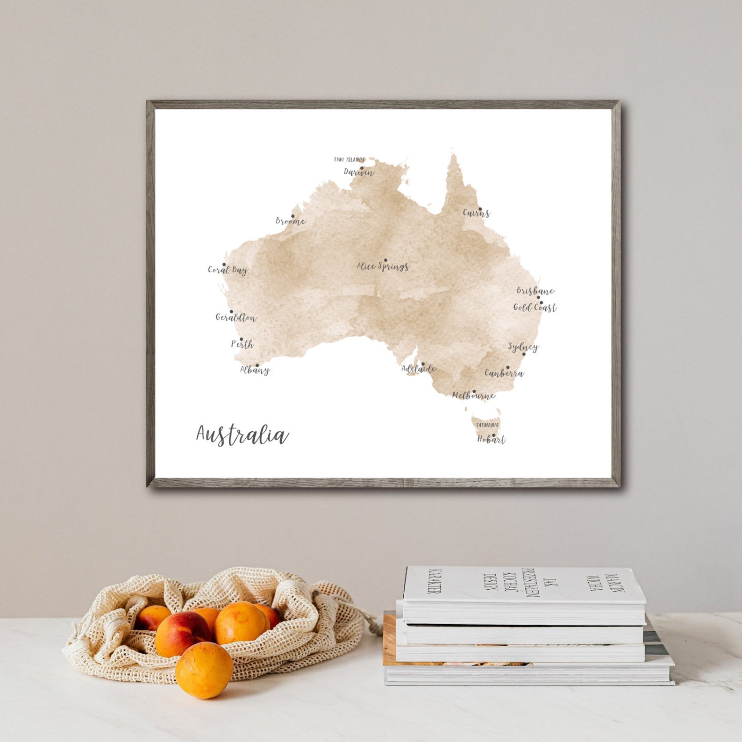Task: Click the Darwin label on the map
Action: coord(359,172)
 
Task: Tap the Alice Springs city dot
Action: coord(385,260)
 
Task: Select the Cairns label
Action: coord(476,213)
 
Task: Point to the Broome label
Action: coord(290,221)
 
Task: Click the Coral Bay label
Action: coord(228,270)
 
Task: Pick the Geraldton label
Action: coord(236,318)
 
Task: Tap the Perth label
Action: coord(243,344)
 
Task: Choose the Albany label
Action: coord(255,370)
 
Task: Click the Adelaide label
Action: coord(419,369)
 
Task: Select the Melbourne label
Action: coord(473,396)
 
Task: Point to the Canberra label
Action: coord(504,373)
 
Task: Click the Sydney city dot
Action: coord(524,354)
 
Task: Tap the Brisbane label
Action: coord(535,291)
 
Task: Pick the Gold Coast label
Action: coord(535,307)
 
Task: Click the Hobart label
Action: coord(491,439)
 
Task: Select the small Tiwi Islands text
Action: coord(349,160)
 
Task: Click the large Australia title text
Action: coord(242,435)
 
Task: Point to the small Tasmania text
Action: coord(487,425)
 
